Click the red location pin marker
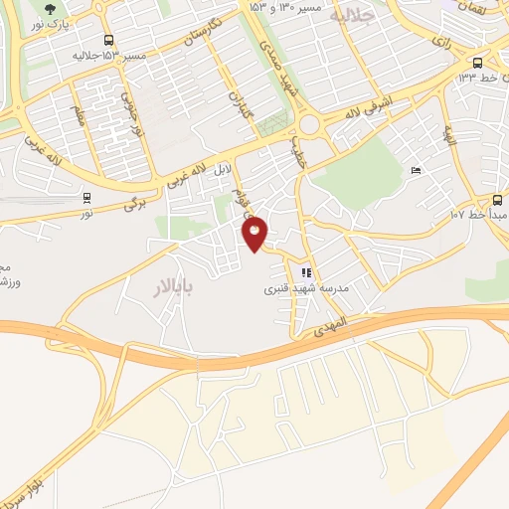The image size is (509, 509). (255, 234)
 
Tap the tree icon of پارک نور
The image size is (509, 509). (51, 9)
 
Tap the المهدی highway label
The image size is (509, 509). (333, 322)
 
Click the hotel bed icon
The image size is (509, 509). (416, 171)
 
